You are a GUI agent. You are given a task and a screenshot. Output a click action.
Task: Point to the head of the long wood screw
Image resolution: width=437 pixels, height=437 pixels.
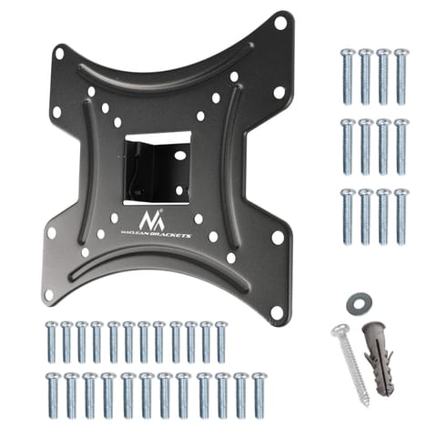pos(340,330)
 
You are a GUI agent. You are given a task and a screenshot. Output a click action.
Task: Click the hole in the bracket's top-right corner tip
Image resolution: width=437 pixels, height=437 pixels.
pos(280,24)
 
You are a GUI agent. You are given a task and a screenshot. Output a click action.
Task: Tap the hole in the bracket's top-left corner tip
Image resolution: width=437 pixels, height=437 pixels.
pos(59,54)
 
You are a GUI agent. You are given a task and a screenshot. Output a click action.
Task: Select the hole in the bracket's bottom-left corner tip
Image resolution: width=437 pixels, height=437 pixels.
pos(48,294)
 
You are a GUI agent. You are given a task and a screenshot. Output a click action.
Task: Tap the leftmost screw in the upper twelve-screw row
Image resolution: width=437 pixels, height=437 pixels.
pos(52,342)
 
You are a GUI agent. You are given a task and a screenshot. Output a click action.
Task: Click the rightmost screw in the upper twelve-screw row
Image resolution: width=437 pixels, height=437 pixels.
pos(220,342)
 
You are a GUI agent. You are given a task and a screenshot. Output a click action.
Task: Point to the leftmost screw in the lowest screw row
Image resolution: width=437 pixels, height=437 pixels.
pos(52,393)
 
